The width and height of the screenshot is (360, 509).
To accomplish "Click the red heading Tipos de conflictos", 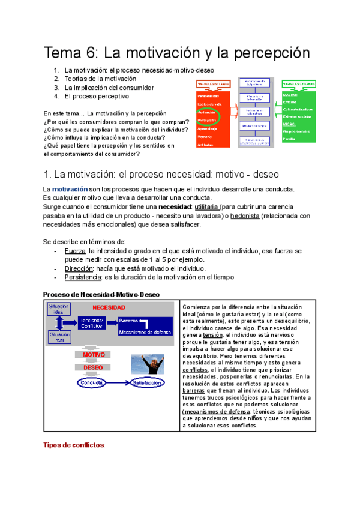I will pos(75,445).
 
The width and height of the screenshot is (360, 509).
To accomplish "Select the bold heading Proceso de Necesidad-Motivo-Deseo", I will pos(102,294).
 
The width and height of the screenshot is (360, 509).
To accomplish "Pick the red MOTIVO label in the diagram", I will pos(94,355).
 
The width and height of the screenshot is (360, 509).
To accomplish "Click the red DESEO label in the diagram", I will pos(93,367).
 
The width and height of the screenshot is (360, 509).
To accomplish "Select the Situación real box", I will pos(59,337).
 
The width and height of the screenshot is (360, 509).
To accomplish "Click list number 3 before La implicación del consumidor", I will pos(56,88).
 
